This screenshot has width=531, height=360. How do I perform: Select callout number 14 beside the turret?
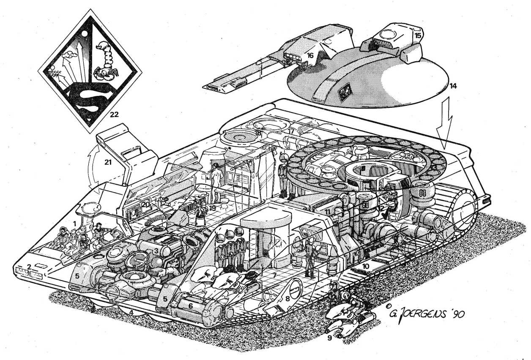click(x=453, y=86)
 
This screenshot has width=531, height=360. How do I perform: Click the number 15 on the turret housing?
click(x=418, y=35)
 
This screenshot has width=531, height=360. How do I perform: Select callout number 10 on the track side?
click(x=366, y=266)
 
